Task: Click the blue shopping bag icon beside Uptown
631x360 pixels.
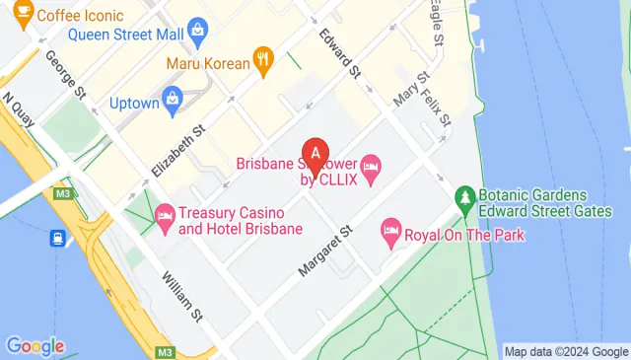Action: coord(174,98)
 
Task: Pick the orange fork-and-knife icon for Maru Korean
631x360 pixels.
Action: coord(262,59)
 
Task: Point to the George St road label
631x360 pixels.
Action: coord(64,74)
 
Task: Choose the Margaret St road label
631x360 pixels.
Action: coord(325,250)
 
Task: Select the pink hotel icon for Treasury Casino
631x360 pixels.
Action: coord(164,213)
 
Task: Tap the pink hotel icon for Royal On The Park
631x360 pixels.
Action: coord(390,233)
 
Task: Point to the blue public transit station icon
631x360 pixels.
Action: coord(58,238)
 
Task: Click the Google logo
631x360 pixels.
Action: coord(35,346)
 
